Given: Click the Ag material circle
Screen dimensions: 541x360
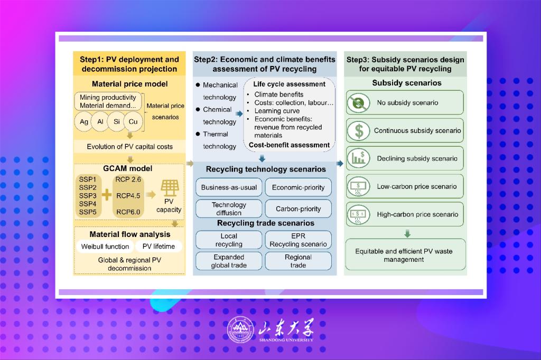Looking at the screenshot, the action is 83,122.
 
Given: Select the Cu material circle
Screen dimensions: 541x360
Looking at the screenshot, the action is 133,122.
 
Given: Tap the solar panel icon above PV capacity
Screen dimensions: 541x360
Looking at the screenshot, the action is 170,188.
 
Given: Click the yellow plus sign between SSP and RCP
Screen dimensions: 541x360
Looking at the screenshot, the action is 107,195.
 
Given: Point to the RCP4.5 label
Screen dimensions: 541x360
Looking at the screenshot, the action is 128,195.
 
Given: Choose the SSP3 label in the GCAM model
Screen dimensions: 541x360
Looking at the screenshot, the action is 88,195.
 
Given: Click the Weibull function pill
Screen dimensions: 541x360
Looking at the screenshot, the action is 105,246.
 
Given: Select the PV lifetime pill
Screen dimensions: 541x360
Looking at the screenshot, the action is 158,246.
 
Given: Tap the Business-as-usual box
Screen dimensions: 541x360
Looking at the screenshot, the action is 229,187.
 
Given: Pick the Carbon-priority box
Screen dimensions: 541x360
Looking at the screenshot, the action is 298,209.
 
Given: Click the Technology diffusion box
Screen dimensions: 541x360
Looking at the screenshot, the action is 229,209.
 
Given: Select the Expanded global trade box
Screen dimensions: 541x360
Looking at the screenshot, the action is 229,261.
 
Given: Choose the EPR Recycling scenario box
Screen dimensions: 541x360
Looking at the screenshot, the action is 298,240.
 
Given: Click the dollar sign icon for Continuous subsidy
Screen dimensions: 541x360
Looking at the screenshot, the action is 359,131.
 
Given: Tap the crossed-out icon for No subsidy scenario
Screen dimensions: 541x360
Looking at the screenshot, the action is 359,102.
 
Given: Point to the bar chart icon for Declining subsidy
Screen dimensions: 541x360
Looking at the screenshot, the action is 359,158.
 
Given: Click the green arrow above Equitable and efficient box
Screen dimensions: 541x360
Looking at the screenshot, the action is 407,233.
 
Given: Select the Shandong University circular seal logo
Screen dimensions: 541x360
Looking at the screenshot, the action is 240,330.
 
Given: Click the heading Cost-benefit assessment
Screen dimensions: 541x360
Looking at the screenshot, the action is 289,145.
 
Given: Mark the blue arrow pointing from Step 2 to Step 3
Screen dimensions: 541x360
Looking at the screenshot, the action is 340,163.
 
